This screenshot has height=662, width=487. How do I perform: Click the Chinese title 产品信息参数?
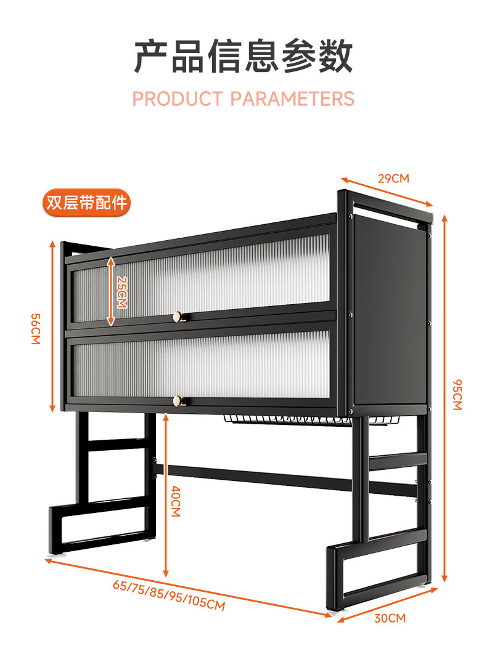[243, 57]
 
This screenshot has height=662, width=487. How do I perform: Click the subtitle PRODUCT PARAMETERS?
[243, 99]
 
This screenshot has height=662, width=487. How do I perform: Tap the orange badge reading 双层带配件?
[86, 203]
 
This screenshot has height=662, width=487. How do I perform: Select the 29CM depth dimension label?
[393, 179]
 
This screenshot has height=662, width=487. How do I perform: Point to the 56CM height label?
[35, 329]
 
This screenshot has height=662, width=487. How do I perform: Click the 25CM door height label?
[121, 291]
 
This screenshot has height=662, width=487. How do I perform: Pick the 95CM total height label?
[457, 394]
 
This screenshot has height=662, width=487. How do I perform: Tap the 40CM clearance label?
[176, 501]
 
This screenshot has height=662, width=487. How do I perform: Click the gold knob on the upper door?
[179, 317]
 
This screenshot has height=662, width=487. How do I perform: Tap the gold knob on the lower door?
[179, 401]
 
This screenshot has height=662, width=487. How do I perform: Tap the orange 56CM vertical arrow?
[53, 326]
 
